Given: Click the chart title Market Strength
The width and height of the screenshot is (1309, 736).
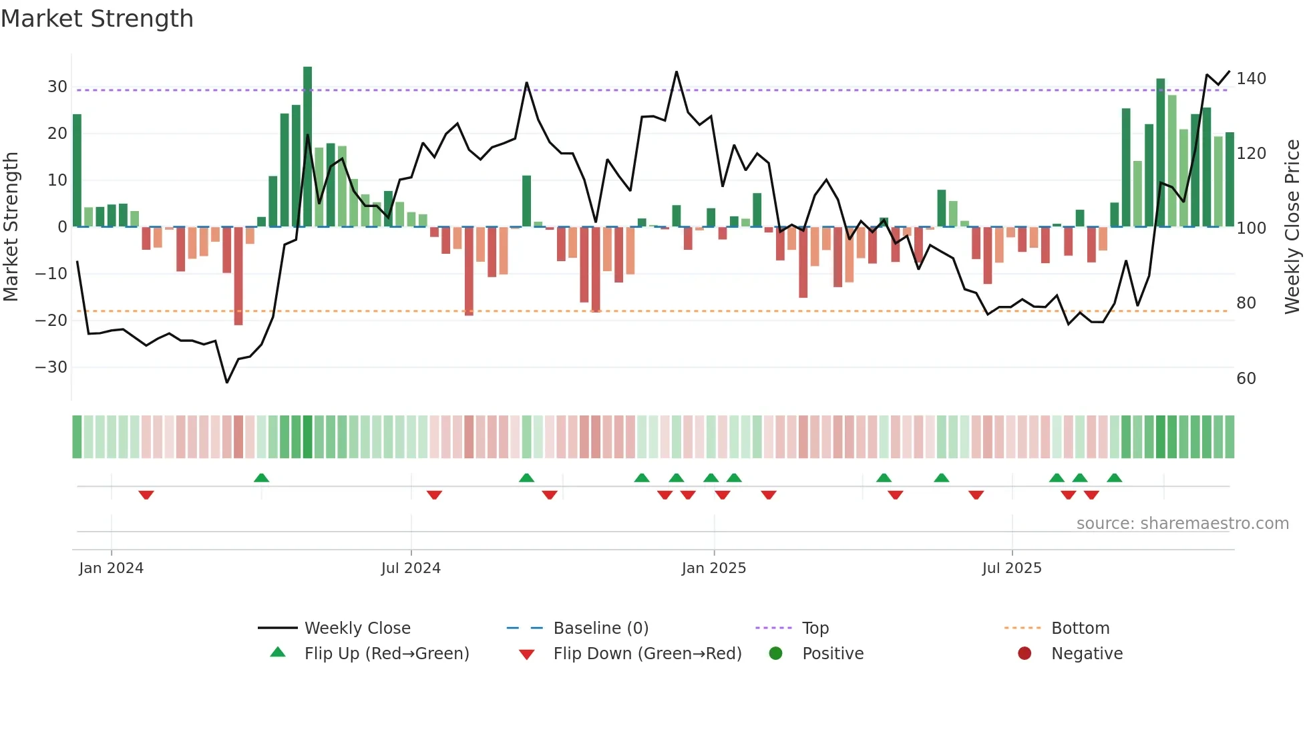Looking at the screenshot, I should pyautogui.click(x=97, y=19).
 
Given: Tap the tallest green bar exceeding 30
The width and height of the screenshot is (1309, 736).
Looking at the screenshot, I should pyautogui.click(x=307, y=147).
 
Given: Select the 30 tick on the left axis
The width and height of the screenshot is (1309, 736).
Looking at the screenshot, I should pyautogui.click(x=57, y=87).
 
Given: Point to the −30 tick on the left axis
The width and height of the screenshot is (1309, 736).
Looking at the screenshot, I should pyautogui.click(x=51, y=367).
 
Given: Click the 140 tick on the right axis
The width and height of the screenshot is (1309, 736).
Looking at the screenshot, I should pyautogui.click(x=1251, y=79).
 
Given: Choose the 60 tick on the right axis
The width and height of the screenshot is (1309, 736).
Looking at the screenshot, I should pyautogui.click(x=1246, y=379).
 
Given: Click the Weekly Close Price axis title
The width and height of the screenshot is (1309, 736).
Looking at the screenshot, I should pyautogui.click(x=1292, y=227).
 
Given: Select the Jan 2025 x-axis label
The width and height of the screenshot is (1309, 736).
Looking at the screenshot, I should pyautogui.click(x=713, y=568).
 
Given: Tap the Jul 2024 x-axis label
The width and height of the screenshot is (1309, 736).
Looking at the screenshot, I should pyautogui.click(x=411, y=568).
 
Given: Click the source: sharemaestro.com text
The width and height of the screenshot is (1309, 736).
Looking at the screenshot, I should pyautogui.click(x=1182, y=524).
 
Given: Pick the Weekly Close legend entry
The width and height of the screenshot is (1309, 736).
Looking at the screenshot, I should pyautogui.click(x=357, y=628).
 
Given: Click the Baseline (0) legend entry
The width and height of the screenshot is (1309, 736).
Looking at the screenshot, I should pyautogui.click(x=600, y=628).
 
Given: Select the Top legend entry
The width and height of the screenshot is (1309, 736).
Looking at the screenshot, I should pyautogui.click(x=815, y=628).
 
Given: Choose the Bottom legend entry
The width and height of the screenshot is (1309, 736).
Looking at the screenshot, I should pyautogui.click(x=1080, y=628).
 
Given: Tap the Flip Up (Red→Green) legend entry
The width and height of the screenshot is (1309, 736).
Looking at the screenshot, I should pyautogui.click(x=386, y=654).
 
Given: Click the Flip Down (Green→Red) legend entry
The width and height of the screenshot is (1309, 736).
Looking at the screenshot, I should pyautogui.click(x=647, y=654).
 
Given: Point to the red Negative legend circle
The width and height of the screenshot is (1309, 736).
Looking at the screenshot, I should pyautogui.click(x=1024, y=654).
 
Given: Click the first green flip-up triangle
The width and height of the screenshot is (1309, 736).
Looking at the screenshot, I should pyautogui.click(x=262, y=478).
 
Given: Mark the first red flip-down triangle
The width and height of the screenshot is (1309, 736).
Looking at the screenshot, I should pyautogui.click(x=146, y=495).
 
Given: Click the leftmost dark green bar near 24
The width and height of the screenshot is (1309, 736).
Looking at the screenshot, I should pyautogui.click(x=77, y=170).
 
